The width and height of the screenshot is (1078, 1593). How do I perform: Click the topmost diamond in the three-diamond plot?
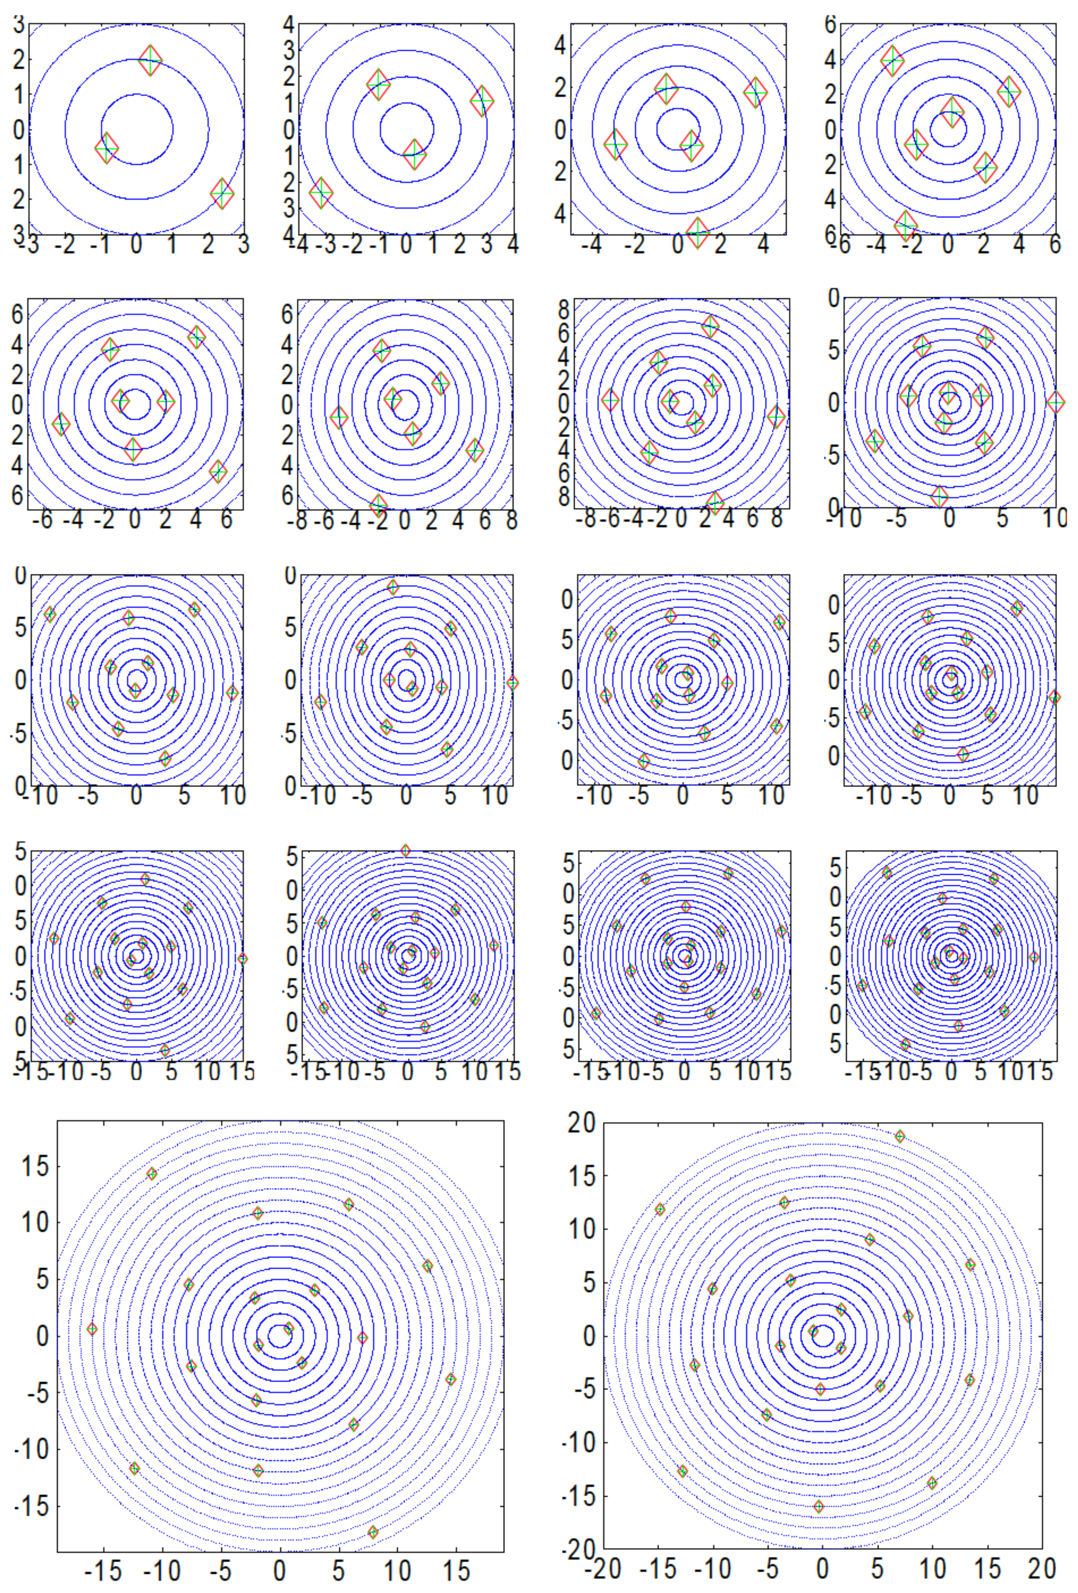coord(151,60)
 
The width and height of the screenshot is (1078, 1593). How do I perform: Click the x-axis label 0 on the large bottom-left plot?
coord(279,1568)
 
